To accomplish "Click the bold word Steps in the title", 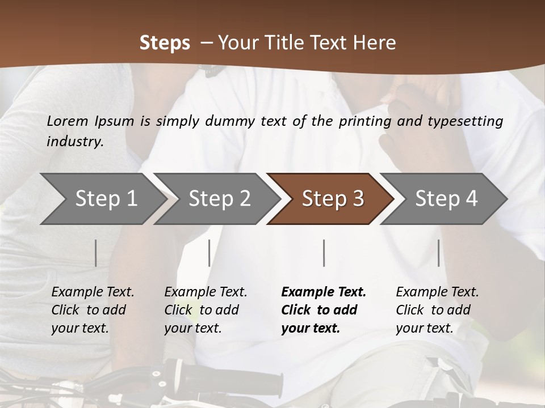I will tap(165, 43).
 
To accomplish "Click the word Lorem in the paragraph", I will tap(68, 121).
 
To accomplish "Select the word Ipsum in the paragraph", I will tap(115, 121).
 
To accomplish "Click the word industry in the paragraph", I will tap(74, 141).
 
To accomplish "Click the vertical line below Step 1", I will tap(96, 253).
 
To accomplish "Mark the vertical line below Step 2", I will tap(209, 253).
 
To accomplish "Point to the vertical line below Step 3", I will tap(324, 253).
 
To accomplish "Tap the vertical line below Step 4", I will tap(439, 253).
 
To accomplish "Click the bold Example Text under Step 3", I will tap(324, 292).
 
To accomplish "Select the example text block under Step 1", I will tap(93, 310).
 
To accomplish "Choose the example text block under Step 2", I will tap(206, 310).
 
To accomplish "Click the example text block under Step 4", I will tap(437, 310).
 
